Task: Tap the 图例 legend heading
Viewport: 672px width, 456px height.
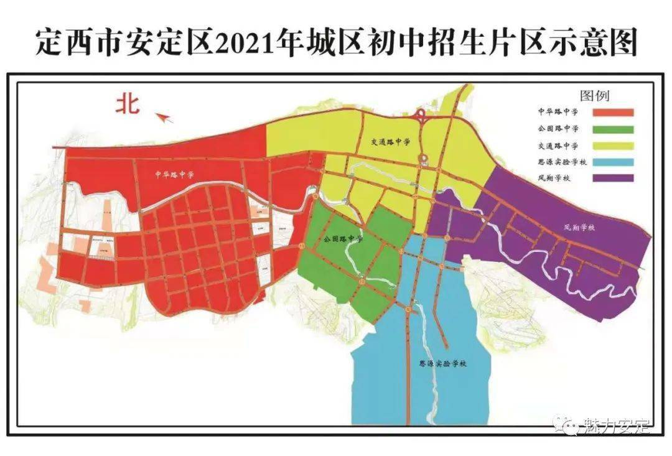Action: point(594,96)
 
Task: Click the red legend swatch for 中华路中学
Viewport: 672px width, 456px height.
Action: point(612,113)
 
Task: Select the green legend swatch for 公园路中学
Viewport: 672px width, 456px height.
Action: point(612,129)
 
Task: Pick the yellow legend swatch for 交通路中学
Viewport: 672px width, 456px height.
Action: point(612,146)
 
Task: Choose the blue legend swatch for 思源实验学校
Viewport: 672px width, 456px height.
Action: point(612,162)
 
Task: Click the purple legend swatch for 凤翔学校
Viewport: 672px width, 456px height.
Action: point(612,178)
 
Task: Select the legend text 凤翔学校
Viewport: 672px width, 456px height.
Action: point(556,178)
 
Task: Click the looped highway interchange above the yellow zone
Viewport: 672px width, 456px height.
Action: point(421,114)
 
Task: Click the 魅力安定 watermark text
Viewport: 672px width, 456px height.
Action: point(615,427)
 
